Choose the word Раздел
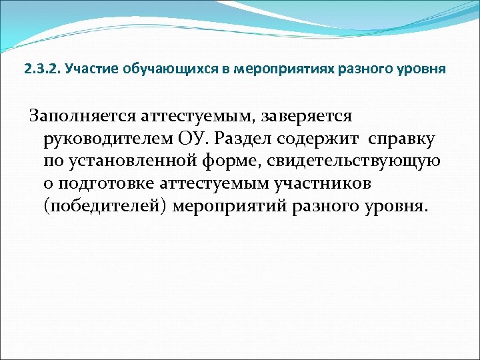[x=267, y=139]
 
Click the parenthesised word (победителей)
[x=105, y=205]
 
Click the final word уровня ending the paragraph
[x=394, y=205]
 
